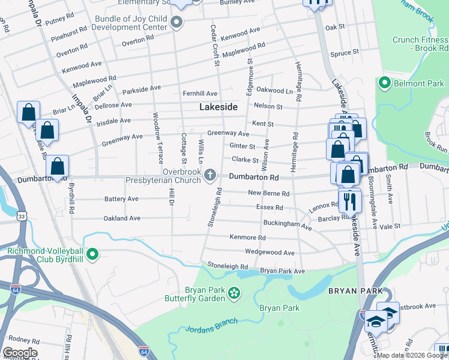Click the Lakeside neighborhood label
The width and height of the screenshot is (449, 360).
218,107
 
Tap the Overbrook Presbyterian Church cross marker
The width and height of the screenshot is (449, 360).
209,175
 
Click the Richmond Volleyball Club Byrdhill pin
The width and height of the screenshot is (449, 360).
92,255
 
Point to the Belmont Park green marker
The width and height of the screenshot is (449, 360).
384,82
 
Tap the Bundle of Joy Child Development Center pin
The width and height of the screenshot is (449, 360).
176,23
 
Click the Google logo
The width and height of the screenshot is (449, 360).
20,353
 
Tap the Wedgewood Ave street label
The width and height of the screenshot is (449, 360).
270,253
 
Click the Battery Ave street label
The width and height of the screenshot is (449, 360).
122,199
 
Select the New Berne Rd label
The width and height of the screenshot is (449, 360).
269,193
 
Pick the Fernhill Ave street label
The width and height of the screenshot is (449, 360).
200,94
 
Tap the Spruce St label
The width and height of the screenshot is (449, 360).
345,53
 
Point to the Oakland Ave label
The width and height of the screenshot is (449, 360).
122,218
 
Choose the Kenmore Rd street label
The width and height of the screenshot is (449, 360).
247,237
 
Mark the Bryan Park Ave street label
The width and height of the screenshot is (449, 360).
283,271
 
